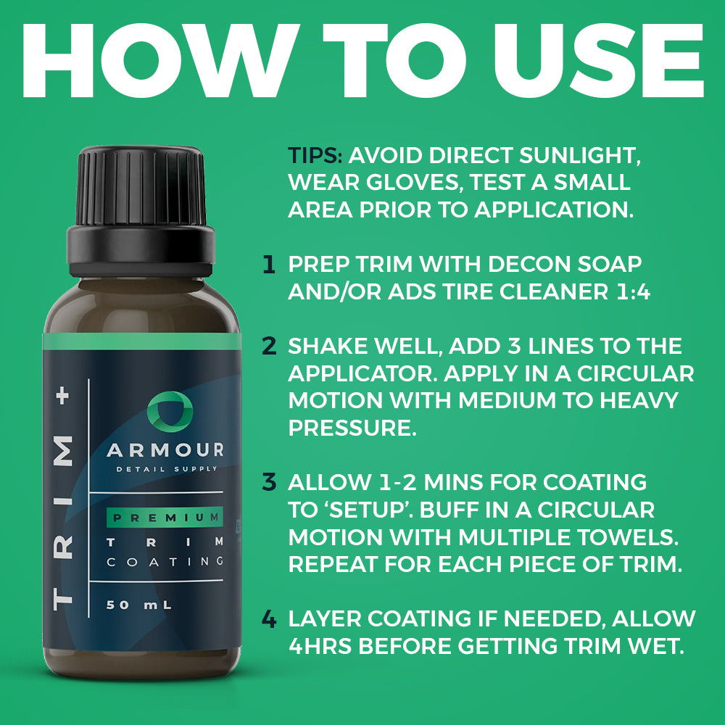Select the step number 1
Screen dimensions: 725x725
pyautogui.click(x=269, y=264)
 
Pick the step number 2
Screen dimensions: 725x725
pyautogui.click(x=269, y=346)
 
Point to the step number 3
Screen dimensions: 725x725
pyautogui.click(x=269, y=482)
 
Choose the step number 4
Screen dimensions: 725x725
pyautogui.click(x=269, y=618)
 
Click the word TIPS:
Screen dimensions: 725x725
pyautogui.click(x=315, y=155)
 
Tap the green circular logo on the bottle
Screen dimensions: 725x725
pyautogui.click(x=170, y=412)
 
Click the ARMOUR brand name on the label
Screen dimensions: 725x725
pyautogui.click(x=165, y=450)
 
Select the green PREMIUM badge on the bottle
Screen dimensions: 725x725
pyautogui.click(x=165, y=518)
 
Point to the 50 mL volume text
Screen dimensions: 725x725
pyautogui.click(x=138, y=605)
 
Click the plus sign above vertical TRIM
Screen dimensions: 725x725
pyautogui.click(x=64, y=396)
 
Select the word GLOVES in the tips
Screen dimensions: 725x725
pyautogui.click(x=415, y=183)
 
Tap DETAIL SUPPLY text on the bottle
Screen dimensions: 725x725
pyautogui.click(x=167, y=469)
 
